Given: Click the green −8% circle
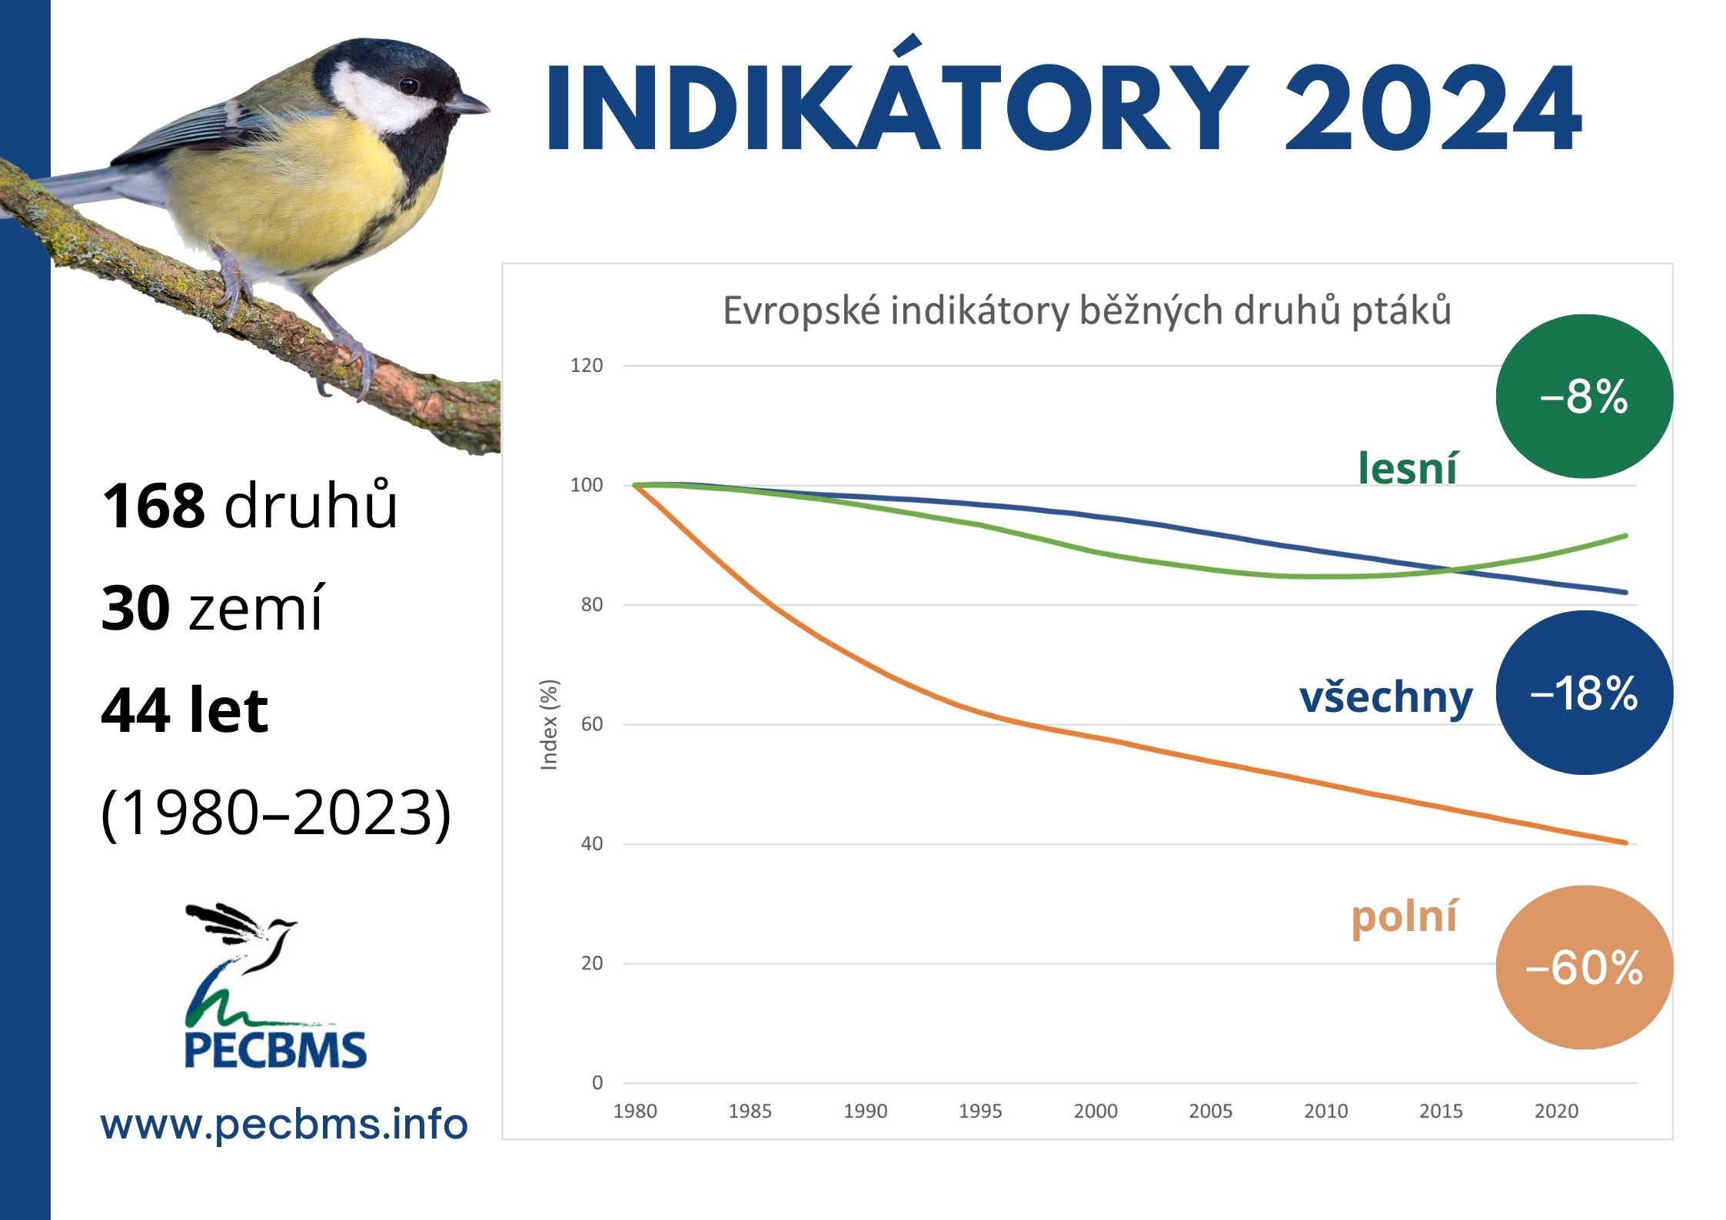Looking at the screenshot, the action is pos(1584,396).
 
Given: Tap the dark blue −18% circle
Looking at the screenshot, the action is pos(1584,693).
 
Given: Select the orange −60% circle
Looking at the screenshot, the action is pos(1584,968).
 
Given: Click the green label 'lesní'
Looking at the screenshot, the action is pos(1407,467).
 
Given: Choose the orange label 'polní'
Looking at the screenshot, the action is pos(1404,918).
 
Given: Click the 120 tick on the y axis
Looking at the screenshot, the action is pos(587,365).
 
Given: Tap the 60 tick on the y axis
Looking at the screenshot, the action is pos(592,724).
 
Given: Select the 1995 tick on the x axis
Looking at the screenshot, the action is pos(980,1111).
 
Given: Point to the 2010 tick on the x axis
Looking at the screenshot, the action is pos(1326,1111).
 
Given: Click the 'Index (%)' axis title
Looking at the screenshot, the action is pos(549,724).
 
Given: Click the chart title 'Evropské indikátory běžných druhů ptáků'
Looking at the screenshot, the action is pos(1087,311).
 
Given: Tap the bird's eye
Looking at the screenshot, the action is pos(408,85).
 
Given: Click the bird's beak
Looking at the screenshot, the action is pos(469,103).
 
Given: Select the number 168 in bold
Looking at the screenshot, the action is pos(153,507).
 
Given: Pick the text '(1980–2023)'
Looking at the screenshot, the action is pos(276,813).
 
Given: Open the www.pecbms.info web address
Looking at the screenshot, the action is pos(284,1125).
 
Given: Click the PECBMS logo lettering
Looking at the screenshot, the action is pos(276,1050).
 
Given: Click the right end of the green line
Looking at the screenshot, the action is pos(1625,535).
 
